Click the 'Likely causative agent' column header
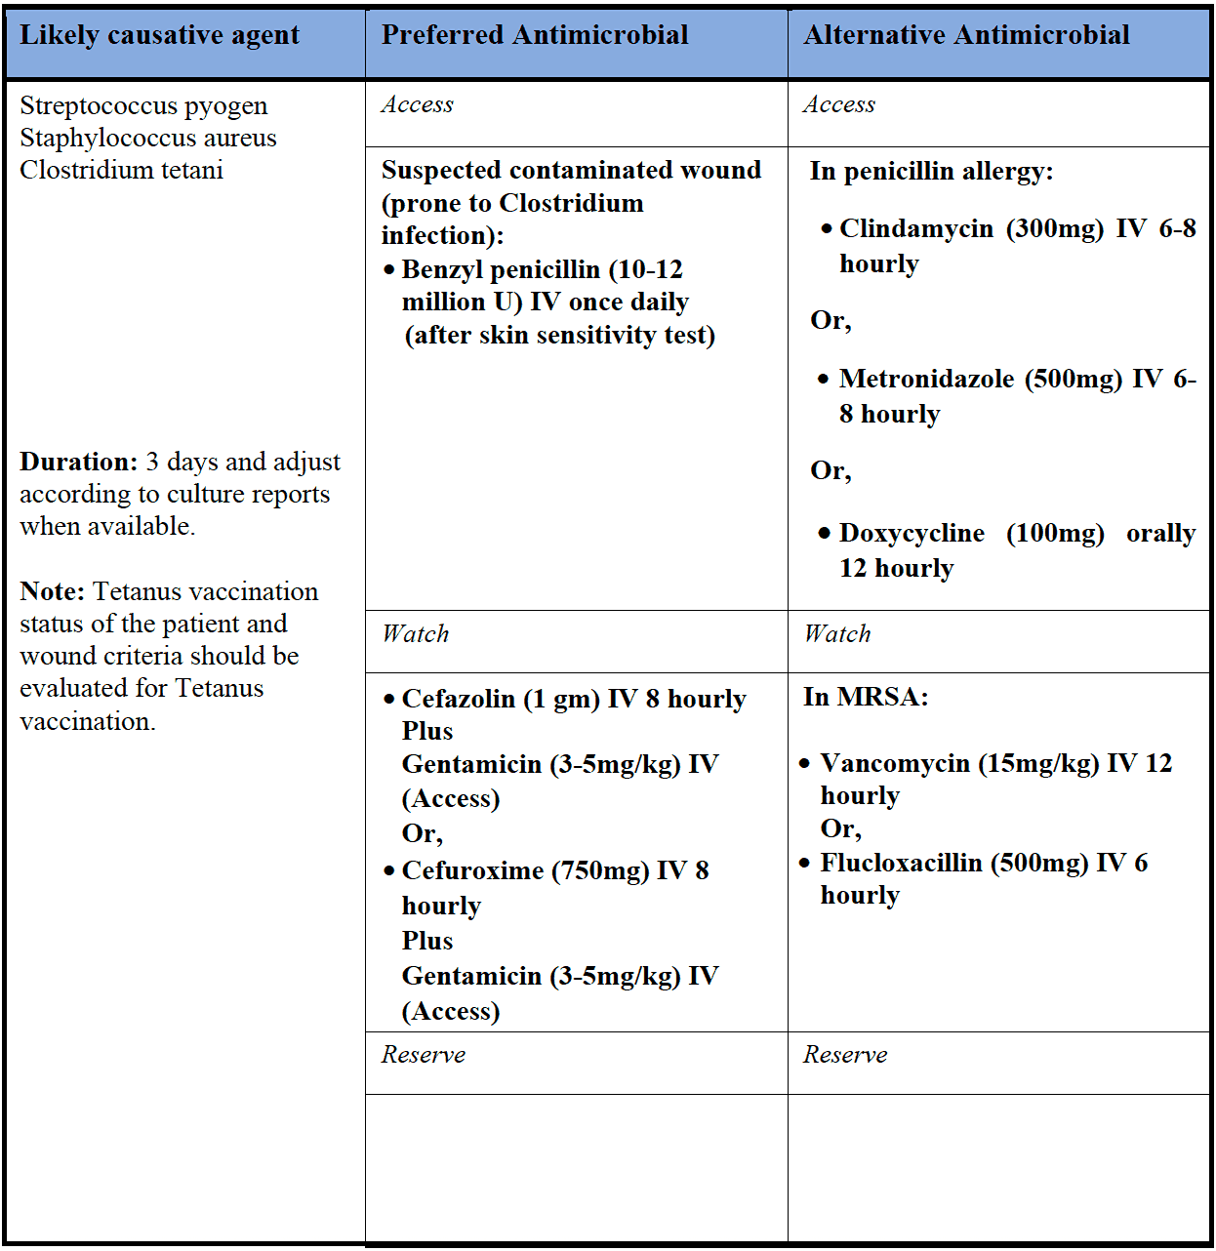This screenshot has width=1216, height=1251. click(159, 36)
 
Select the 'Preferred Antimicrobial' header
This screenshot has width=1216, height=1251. click(535, 36)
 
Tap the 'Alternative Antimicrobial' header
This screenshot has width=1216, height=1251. click(966, 36)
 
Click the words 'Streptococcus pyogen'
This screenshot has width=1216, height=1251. click(143, 105)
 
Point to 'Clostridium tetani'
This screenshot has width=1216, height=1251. click(121, 170)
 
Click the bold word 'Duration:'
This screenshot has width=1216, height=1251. click(78, 462)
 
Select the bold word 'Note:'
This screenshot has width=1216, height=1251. click(53, 591)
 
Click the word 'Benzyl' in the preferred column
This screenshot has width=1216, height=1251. click(440, 269)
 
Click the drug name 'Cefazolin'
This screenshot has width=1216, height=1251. click(458, 699)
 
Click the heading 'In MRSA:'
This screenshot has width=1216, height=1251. click(866, 697)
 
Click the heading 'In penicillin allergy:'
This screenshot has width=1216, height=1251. click(931, 172)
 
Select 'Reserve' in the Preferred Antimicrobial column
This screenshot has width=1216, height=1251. click(424, 1055)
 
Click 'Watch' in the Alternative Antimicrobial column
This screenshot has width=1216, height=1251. click(837, 634)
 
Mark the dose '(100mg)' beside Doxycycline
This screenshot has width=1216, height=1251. click(1055, 533)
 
